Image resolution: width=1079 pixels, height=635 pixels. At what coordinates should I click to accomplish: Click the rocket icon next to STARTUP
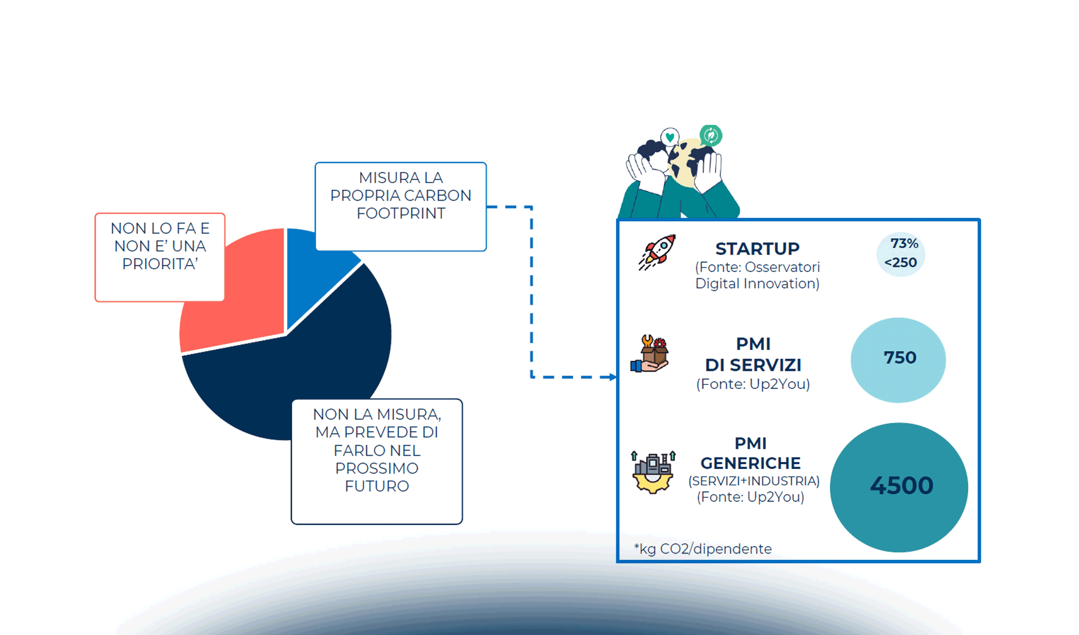click(x=657, y=252)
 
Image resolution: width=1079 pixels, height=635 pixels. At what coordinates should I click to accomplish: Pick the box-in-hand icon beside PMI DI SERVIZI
click(x=651, y=354)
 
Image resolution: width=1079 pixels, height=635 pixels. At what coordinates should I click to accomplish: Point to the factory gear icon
click(x=653, y=472)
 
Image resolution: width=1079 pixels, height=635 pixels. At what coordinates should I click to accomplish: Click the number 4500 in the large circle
click(x=901, y=486)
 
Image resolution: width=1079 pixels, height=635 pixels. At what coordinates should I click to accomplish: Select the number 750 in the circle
click(x=900, y=358)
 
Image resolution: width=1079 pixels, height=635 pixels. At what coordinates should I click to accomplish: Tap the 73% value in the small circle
click(x=904, y=243)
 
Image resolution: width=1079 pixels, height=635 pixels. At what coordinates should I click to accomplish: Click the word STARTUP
click(x=757, y=249)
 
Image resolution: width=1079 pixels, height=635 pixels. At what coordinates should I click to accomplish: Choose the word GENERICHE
click(x=750, y=463)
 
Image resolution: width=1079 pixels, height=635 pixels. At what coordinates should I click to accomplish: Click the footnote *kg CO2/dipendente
click(x=703, y=549)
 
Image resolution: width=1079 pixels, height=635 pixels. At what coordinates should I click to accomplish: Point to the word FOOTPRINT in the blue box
click(x=401, y=213)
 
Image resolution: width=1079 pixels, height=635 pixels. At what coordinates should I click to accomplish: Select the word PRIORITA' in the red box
click(x=160, y=264)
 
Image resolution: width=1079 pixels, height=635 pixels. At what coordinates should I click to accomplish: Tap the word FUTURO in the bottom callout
click(x=377, y=486)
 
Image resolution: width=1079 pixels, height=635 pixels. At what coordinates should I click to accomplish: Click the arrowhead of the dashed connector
click(x=612, y=377)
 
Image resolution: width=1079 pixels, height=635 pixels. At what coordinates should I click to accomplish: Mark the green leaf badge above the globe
click(x=710, y=135)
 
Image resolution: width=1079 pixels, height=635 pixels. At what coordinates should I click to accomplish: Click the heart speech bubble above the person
click(x=670, y=137)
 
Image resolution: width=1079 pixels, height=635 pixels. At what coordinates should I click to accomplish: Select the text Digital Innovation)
click(x=757, y=284)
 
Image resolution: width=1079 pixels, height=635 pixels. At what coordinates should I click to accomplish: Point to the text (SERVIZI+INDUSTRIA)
click(x=754, y=481)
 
